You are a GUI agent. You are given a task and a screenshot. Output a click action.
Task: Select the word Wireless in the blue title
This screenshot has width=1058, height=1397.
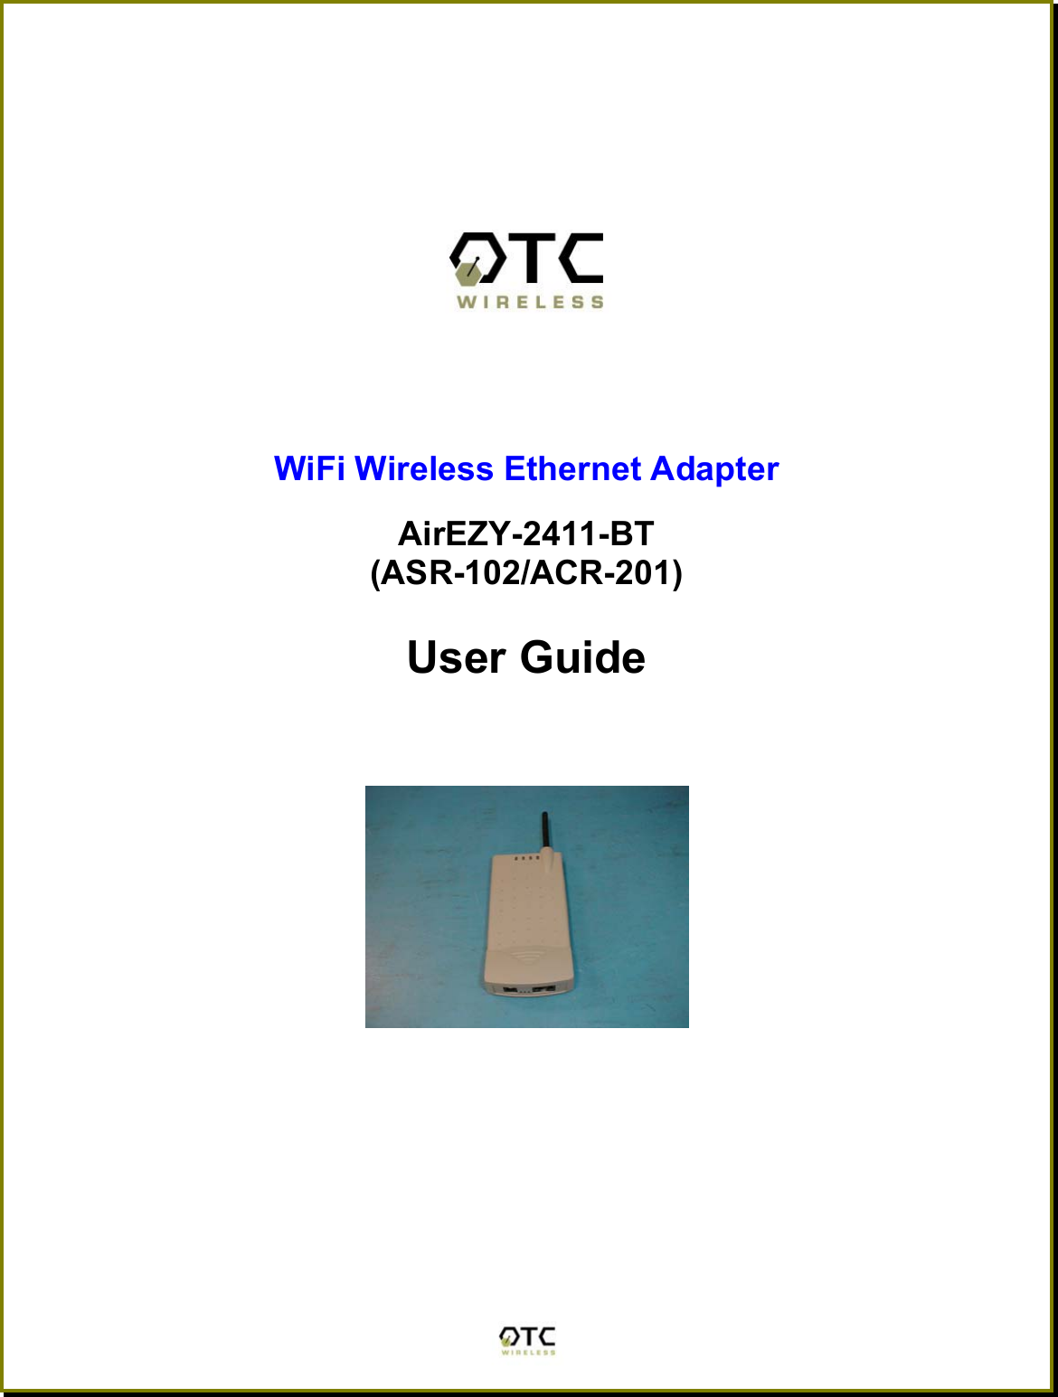(x=424, y=469)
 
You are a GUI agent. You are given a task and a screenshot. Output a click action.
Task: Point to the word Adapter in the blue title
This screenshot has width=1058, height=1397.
(x=714, y=469)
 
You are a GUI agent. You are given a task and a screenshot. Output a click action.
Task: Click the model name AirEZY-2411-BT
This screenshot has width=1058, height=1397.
(x=525, y=534)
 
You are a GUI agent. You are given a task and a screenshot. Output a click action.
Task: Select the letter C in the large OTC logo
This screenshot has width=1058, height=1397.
(x=581, y=258)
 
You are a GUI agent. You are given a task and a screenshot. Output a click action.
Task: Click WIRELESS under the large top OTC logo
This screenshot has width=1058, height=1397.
(x=530, y=303)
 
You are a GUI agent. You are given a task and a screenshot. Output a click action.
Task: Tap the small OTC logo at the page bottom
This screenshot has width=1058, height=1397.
(x=528, y=1340)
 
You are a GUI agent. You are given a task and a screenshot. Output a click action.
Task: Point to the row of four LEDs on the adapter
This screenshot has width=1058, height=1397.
(x=525, y=858)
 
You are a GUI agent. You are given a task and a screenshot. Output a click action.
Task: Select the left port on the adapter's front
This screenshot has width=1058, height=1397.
(x=511, y=989)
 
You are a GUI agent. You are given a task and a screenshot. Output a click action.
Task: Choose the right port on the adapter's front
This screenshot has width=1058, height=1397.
(x=544, y=989)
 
